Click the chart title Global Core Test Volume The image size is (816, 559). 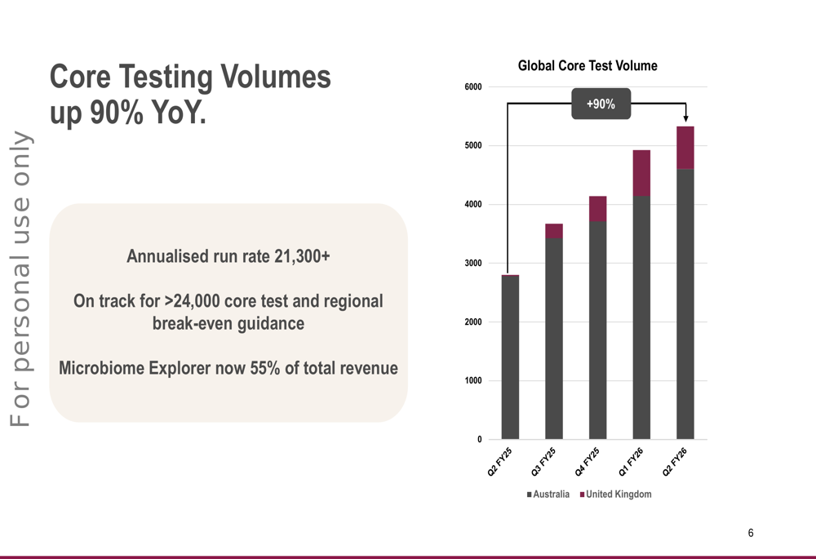pyautogui.click(x=588, y=66)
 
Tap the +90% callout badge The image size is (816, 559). pyautogui.click(x=601, y=104)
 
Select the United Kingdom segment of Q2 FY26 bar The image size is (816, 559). pyautogui.click(x=685, y=148)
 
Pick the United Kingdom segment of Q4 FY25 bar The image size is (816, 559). pyautogui.click(x=597, y=209)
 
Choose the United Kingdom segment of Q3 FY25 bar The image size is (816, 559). pyautogui.click(x=554, y=231)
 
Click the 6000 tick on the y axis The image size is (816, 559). pyautogui.click(x=473, y=87)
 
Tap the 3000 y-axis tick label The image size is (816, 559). pyautogui.click(x=473, y=264)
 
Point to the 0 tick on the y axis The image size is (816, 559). pyautogui.click(x=478, y=440)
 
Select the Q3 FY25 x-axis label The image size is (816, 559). pyautogui.click(x=544, y=461)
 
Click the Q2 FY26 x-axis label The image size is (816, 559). pyautogui.click(x=676, y=461)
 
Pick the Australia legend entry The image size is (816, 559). pyautogui.click(x=548, y=495)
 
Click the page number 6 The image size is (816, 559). pyautogui.click(x=751, y=533)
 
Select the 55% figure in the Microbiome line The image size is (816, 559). pyautogui.click(x=265, y=368)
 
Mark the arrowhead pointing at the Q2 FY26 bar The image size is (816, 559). pyautogui.click(x=685, y=119)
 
